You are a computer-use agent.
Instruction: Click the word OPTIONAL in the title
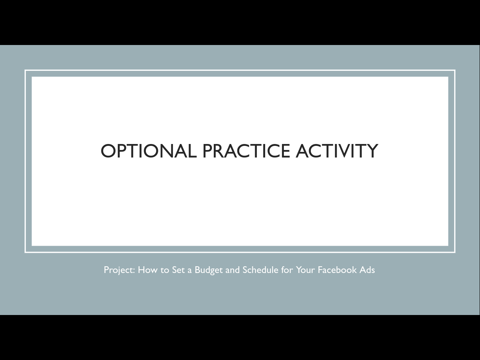[x=149, y=151]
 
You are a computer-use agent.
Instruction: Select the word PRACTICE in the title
[x=246, y=151]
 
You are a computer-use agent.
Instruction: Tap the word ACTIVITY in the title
[x=337, y=151]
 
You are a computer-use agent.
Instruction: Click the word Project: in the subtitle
[x=119, y=270]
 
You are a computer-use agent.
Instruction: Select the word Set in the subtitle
[x=178, y=270]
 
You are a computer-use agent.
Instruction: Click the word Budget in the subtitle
[x=209, y=270]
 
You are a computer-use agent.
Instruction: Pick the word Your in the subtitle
[x=305, y=270]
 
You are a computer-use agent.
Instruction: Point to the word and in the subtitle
[x=232, y=270]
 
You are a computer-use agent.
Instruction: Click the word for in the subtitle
[x=287, y=270]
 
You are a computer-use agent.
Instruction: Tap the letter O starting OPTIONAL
[x=108, y=151]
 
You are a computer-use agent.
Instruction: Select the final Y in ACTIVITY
[x=372, y=151]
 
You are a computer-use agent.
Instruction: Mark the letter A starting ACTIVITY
[x=303, y=151]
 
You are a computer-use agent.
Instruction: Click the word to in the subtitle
[x=165, y=270]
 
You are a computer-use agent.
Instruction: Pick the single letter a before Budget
[x=190, y=271]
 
